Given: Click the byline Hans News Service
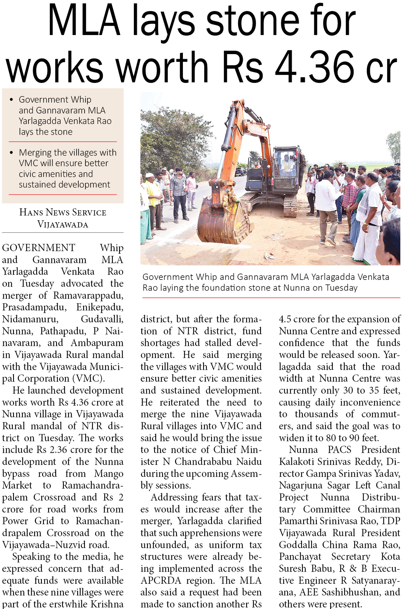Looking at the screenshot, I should pyautogui.click(x=63, y=212).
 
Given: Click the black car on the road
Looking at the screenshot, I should pyautogui.click(x=240, y=171).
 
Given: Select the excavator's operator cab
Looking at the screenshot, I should pyautogui.click(x=286, y=166).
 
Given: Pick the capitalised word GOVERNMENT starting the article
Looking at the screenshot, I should pyautogui.click(x=39, y=247).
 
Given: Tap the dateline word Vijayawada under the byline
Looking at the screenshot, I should pyautogui.click(x=63, y=224).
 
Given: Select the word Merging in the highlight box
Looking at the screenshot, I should pyautogui.click(x=35, y=152).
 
